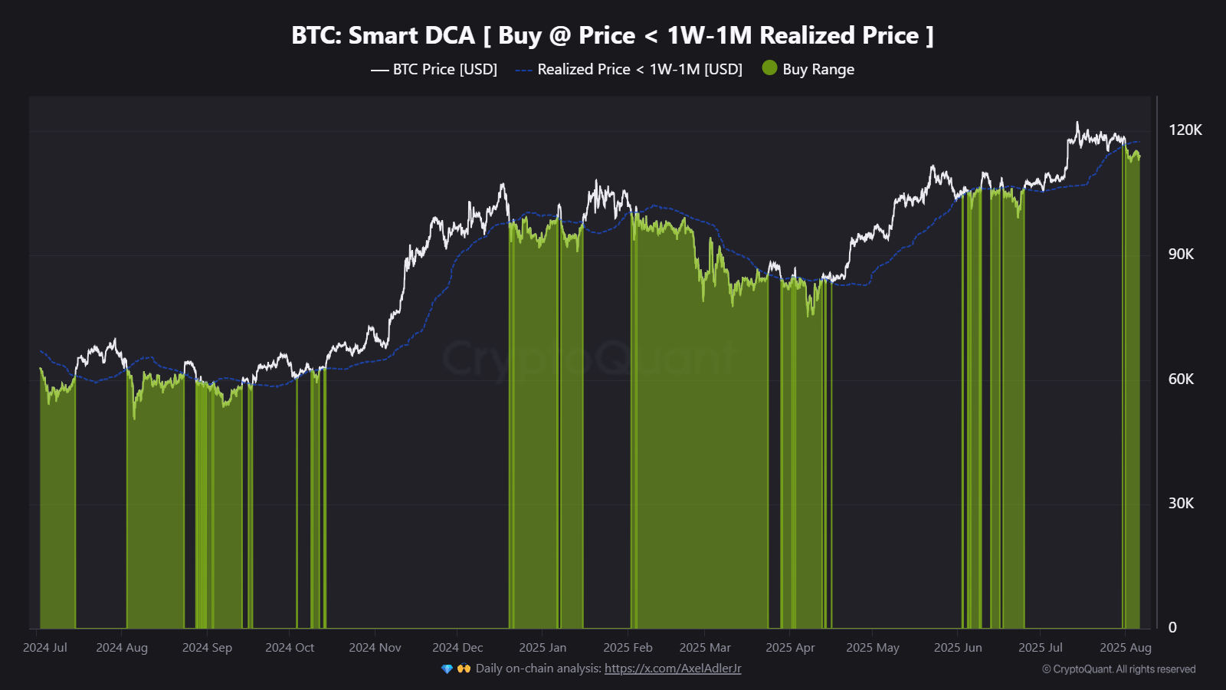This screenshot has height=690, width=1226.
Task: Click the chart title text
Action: (x=612, y=35)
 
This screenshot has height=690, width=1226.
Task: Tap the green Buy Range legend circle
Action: (x=769, y=68)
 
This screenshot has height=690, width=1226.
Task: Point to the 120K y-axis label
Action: (x=1185, y=130)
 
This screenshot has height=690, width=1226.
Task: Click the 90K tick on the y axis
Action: (x=1181, y=255)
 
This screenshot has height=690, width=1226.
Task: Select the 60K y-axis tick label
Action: (x=1181, y=379)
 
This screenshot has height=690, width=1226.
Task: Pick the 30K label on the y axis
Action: (x=1181, y=504)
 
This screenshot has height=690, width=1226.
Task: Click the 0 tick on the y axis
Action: (x=1172, y=628)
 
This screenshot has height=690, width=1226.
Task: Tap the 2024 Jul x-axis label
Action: (x=45, y=648)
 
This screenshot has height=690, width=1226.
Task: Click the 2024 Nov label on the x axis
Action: (x=375, y=648)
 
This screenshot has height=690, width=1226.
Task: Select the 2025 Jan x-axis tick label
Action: (x=543, y=648)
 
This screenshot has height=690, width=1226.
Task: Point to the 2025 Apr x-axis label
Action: (x=790, y=648)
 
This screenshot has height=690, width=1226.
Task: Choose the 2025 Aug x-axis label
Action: (x=1125, y=648)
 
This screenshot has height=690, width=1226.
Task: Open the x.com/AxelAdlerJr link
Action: (x=673, y=669)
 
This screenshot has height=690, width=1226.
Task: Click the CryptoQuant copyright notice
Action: (x=1119, y=669)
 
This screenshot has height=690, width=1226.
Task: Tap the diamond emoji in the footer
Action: (x=447, y=669)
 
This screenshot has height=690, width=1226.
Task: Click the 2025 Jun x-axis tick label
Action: (x=958, y=648)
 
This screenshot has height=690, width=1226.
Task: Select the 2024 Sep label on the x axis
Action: (x=207, y=648)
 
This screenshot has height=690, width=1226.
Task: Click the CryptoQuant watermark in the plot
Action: (x=588, y=358)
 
